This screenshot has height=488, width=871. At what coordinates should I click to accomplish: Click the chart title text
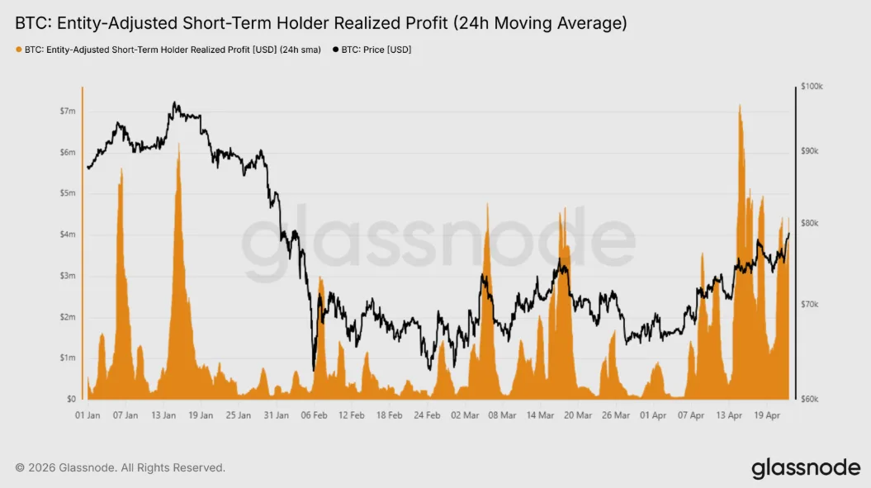[320, 24]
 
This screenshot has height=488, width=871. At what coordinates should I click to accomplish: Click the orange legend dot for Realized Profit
[19, 50]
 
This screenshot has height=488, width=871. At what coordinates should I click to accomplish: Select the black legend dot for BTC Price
[335, 50]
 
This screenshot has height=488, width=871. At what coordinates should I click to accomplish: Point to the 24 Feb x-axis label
[428, 415]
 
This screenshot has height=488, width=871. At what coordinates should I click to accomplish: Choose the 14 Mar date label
[540, 415]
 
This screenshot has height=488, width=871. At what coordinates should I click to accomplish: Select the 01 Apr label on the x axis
[653, 415]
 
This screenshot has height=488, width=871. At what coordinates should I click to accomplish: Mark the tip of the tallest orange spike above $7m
[740, 105]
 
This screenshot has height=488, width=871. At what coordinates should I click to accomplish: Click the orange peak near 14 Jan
[178, 144]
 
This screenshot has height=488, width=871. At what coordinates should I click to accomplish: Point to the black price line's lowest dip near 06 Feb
[314, 370]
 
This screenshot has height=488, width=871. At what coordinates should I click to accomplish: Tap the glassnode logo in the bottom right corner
[806, 469]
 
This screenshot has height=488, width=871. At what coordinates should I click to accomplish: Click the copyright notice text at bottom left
[120, 468]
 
